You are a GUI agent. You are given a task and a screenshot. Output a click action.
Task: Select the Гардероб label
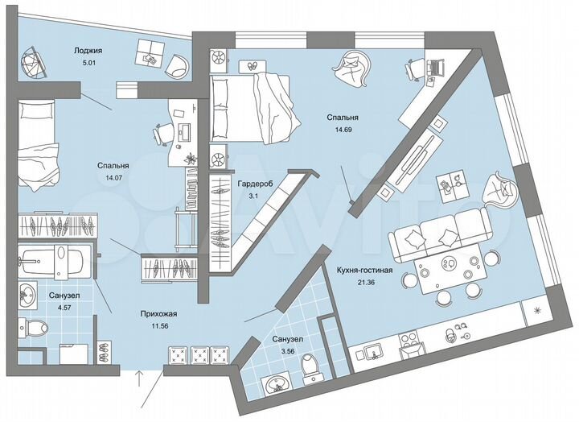[255, 184]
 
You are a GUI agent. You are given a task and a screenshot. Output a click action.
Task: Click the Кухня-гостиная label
[360, 271]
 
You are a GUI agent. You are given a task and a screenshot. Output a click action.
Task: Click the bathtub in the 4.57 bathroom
[47, 261]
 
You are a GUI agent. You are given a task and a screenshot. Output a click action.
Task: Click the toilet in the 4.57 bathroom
[34, 328]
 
